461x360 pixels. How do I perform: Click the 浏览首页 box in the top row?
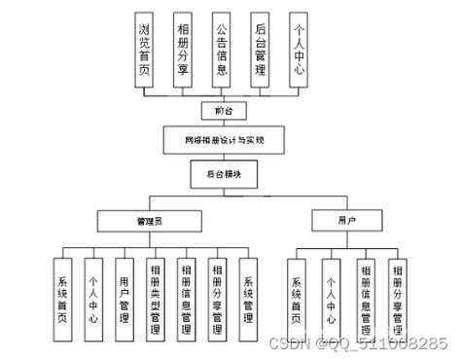tap(144, 50)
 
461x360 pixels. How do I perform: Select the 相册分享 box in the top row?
tap(183, 50)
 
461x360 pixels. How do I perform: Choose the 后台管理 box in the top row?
tap(260, 50)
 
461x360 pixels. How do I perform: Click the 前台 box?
tap(220, 110)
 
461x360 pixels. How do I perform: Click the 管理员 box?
tap(150, 221)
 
